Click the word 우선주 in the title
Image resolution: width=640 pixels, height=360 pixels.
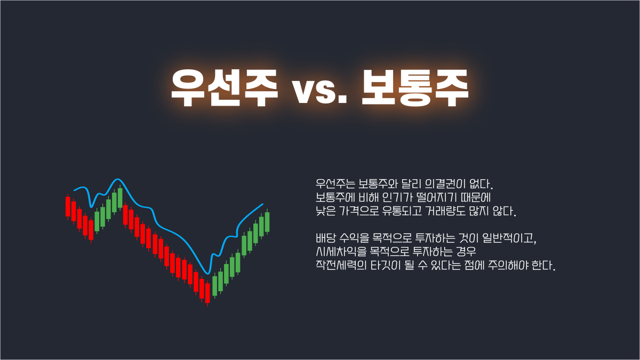(x=225, y=87)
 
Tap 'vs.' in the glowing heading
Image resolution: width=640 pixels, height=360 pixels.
(x=319, y=91)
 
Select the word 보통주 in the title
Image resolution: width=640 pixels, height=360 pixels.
(x=415, y=87)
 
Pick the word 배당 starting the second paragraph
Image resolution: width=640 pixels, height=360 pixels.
(x=326, y=238)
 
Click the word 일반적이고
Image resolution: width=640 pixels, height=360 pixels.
(x=509, y=238)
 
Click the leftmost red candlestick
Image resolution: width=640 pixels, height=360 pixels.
(x=68, y=206)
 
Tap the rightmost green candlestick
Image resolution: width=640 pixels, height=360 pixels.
(x=267, y=222)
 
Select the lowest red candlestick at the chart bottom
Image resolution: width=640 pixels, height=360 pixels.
(x=207, y=293)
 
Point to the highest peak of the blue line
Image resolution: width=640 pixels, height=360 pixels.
(x=117, y=179)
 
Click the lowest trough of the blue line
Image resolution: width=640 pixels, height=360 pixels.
(x=207, y=274)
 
